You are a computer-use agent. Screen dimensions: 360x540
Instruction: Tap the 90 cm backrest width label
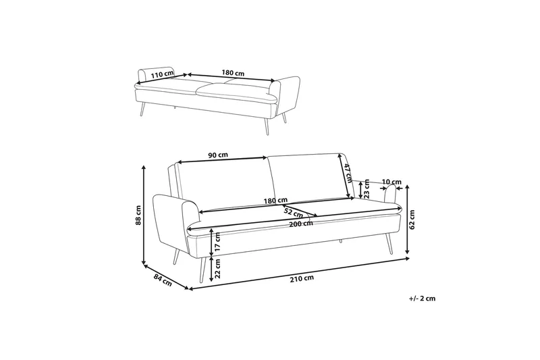[x=218, y=155]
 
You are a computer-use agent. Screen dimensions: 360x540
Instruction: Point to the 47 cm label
[x=348, y=174]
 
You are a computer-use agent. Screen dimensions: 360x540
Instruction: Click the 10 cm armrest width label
[x=391, y=182]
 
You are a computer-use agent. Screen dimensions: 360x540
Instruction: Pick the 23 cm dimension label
[x=367, y=192]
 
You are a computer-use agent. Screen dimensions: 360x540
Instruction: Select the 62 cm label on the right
[x=412, y=219]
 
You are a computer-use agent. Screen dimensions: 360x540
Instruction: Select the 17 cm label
[x=218, y=239]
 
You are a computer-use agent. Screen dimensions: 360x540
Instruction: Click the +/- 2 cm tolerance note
[x=422, y=298]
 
